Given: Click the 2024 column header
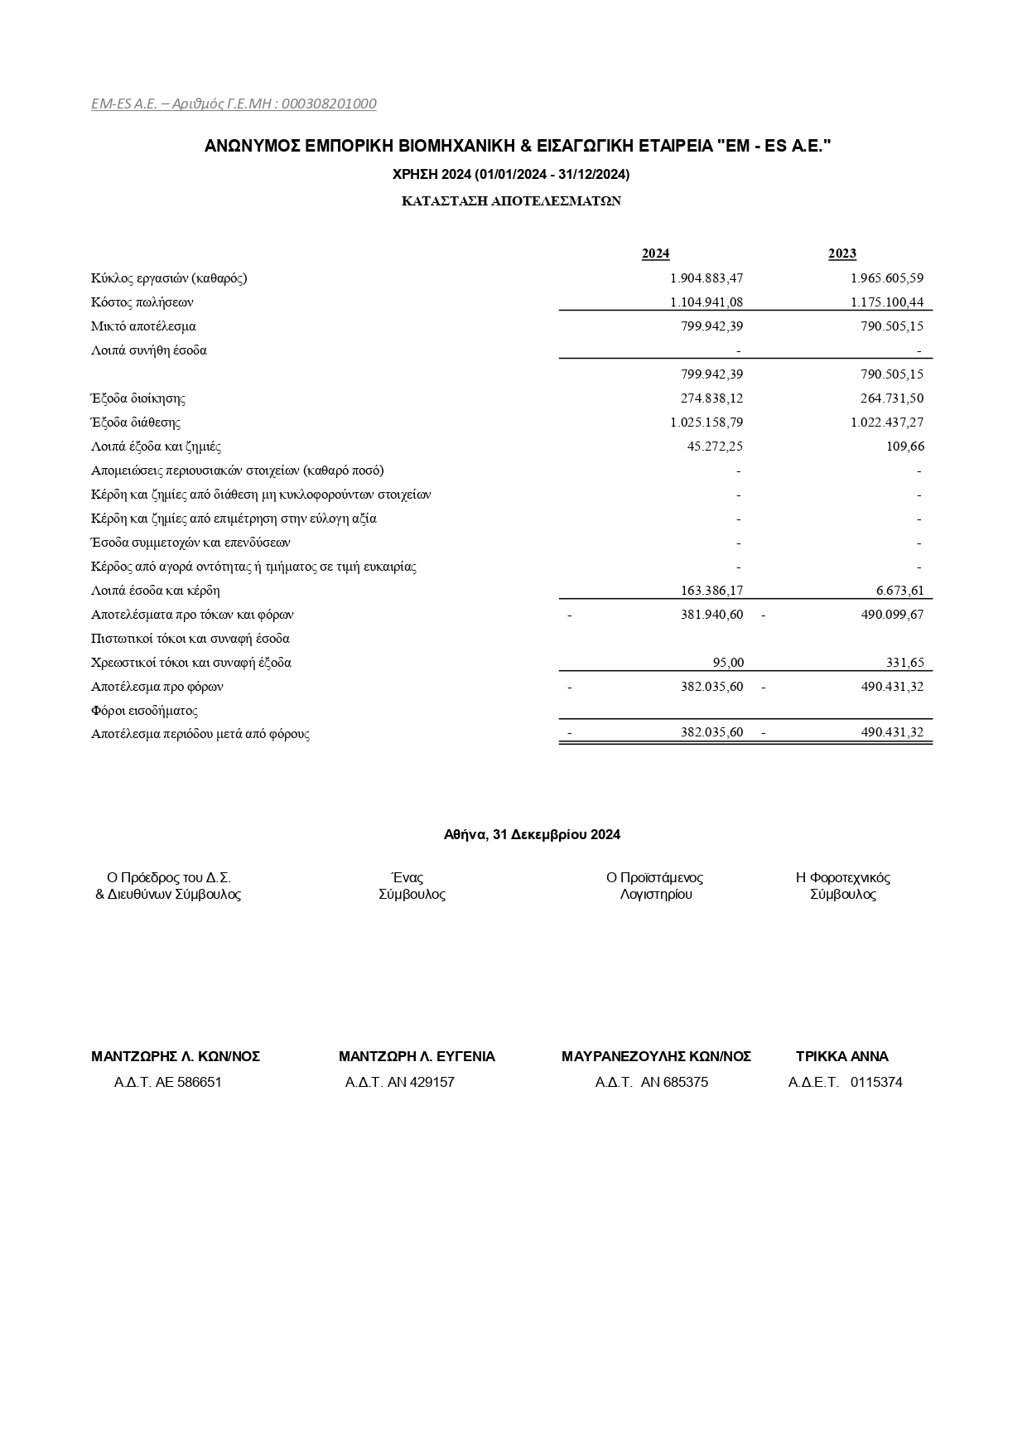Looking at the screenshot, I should coord(655,253).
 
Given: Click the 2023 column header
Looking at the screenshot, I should coord(841,253).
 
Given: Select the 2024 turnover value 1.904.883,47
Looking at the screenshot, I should coord(706,278).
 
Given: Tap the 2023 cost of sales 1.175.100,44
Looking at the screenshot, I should coord(886,302).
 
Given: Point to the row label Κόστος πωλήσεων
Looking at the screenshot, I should coord(142,302).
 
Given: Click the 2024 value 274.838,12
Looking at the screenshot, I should coord(711,398).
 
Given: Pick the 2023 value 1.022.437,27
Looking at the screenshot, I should coord(886,422).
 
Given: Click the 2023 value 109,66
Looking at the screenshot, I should coord(904,447).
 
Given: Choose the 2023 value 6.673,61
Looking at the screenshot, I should coord(899,591).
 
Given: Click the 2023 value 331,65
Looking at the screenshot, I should coord(904,663).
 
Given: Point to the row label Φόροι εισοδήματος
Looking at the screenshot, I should coord(144,711).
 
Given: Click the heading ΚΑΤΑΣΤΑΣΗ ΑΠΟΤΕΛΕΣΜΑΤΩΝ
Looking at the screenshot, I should coord(511,201).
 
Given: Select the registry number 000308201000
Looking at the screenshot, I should coord(329,104).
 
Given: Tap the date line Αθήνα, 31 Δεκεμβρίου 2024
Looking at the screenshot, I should coord(532,835).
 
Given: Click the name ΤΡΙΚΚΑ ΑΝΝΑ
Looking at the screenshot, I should coord(841,1057).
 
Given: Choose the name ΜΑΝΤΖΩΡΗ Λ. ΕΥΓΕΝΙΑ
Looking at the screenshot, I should coord(417,1057).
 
